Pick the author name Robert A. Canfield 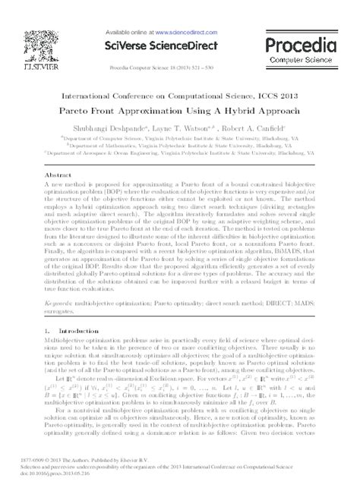tap(256, 129)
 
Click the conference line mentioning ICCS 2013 tap(180, 96)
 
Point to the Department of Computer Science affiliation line tap(180, 141)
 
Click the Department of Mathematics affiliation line tap(180, 148)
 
